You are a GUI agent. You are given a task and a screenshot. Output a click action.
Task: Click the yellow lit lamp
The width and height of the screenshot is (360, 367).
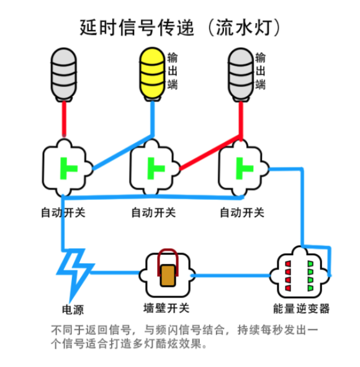[x=152, y=75]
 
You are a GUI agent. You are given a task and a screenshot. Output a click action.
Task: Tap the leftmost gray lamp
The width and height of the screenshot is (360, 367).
[x=64, y=75]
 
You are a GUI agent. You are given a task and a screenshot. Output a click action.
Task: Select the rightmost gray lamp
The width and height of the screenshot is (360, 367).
[x=241, y=75]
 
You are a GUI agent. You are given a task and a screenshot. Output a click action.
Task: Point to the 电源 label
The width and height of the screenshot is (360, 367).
[x=73, y=310]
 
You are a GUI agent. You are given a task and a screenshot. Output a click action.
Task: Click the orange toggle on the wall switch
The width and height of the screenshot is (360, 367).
[x=168, y=276]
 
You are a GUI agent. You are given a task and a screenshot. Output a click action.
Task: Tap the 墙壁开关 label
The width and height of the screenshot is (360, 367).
[x=166, y=308]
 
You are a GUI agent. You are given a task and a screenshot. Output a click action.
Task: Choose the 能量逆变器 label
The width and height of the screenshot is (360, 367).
[x=302, y=309]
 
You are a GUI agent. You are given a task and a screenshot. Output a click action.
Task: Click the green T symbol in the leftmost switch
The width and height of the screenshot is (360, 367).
[x=68, y=168]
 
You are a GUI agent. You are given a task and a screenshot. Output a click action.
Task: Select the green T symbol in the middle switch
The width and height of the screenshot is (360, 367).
[x=156, y=168]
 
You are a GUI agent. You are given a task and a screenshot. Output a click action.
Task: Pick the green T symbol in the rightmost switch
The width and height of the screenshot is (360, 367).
[x=245, y=168]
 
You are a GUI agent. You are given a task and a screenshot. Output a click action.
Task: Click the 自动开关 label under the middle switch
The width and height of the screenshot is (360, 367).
[x=153, y=212]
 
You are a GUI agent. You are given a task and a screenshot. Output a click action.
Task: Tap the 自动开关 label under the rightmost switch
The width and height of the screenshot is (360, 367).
[x=242, y=212]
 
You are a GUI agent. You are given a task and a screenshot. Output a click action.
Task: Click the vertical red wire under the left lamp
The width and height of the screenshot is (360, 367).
[x=64, y=119]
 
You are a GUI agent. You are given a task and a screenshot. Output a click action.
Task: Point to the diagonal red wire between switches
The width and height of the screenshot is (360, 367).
[x=210, y=152]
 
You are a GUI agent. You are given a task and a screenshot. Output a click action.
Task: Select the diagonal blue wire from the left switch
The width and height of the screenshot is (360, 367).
[x=122, y=152]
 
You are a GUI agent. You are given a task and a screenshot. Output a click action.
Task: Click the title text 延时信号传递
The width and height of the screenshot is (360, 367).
[x=137, y=27]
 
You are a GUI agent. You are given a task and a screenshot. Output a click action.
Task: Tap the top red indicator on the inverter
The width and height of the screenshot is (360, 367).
[x=288, y=264]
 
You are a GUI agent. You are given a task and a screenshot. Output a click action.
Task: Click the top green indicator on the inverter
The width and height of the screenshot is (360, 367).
[x=310, y=264]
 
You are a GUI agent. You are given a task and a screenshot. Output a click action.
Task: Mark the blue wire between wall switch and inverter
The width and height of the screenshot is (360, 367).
[x=230, y=276]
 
